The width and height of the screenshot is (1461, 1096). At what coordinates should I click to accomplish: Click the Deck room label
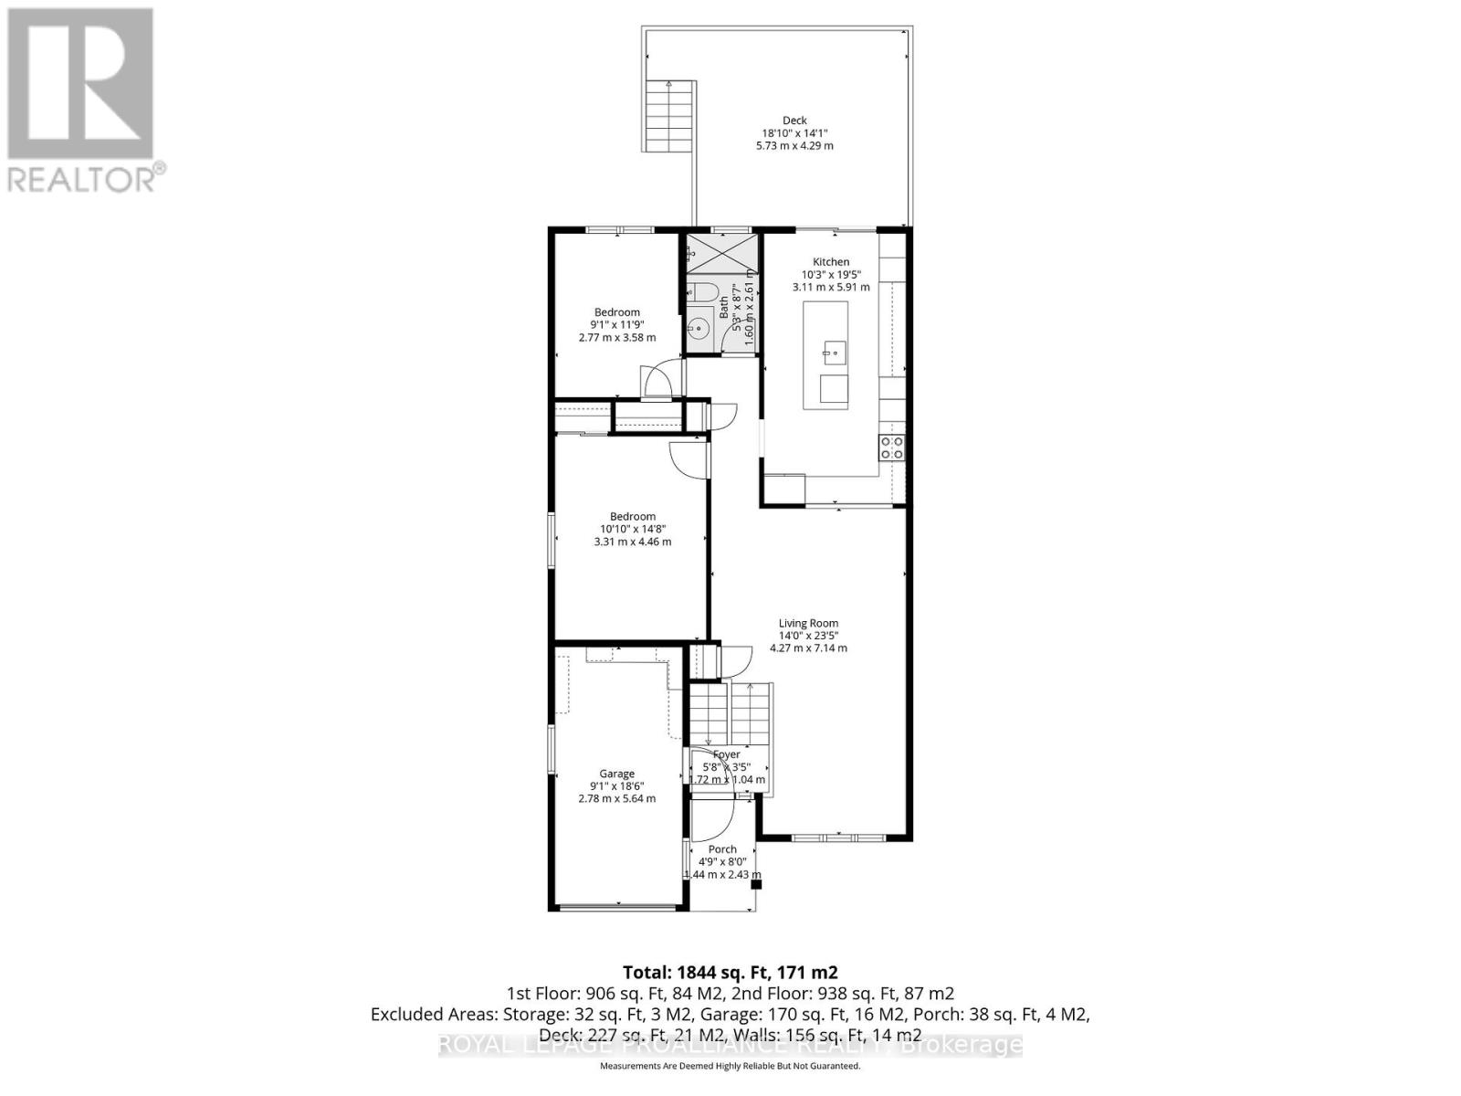794,120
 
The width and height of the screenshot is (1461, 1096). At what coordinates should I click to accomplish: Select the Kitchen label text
830,262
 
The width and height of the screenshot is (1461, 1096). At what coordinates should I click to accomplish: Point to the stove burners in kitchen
891,448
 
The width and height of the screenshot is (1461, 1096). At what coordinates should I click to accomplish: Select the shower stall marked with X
722,251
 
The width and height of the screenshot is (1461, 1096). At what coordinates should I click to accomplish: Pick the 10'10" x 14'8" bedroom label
632,529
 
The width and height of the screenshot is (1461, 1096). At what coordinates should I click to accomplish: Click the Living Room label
808,624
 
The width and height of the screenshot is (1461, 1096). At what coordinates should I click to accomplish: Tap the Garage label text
616,774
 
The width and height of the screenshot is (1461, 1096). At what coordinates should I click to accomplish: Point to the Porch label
721,849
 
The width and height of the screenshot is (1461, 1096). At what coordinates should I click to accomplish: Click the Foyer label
727,754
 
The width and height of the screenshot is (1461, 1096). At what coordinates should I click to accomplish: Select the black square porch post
755,884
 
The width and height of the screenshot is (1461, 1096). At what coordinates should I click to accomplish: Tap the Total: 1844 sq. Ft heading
730,972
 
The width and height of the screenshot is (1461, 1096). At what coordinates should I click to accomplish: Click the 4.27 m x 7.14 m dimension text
808,648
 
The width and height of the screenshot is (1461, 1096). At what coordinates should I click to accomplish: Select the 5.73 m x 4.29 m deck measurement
794,145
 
